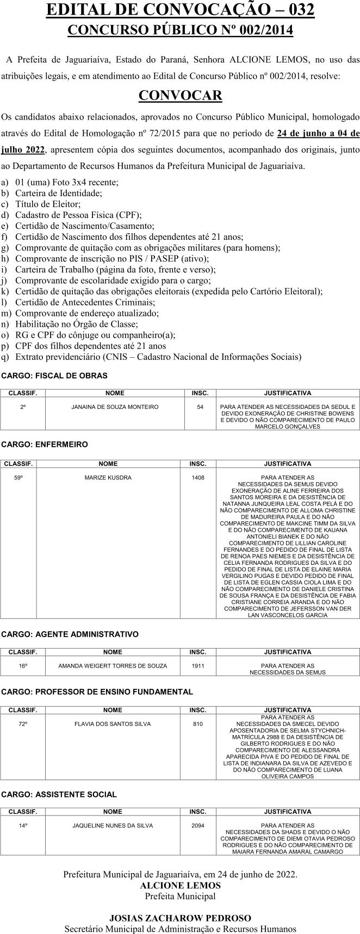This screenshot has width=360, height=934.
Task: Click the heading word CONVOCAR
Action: coord(180,96)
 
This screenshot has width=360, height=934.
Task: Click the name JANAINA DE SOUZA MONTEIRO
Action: coord(115,407)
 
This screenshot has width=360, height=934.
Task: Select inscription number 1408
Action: coord(198,477)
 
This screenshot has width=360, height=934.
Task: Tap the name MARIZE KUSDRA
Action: coord(108,477)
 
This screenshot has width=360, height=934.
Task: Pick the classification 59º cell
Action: coord(18,477)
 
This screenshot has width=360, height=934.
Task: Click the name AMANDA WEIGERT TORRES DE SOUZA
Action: coord(113,665)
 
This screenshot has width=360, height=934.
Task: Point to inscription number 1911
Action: coord(198,665)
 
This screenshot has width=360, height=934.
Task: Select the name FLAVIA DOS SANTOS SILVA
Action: coord(113,724)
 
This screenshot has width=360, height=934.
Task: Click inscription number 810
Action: coord(198,724)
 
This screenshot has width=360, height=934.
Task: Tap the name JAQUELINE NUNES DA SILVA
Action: coord(113,825)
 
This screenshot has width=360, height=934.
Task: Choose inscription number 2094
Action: coord(198,825)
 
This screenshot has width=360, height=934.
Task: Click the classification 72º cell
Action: coord(23,724)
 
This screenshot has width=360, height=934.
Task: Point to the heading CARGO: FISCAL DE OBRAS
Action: coord(54,376)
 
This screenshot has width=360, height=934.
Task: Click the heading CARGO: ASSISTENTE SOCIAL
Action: coord(59,794)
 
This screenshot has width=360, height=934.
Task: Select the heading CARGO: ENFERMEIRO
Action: coord(45,444)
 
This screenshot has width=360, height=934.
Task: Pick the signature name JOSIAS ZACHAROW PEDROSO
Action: coord(180,918)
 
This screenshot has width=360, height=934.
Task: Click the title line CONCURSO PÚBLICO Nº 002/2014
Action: coord(180,30)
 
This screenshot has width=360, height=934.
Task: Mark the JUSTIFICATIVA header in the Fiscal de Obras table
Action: coord(287,393)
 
